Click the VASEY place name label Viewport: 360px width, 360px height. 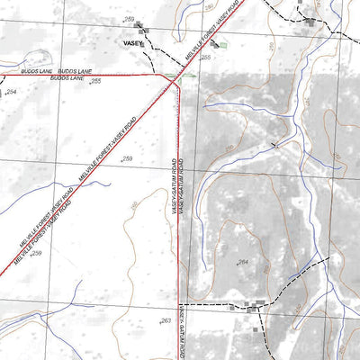click(x=133, y=42)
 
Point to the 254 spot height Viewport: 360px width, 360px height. click(x=12, y=93)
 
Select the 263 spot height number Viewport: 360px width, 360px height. click(x=166, y=320)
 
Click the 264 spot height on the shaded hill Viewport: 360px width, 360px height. click(x=242, y=262)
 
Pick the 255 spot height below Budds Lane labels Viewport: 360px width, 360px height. click(x=95, y=82)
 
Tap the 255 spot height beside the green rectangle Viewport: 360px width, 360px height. click(x=205, y=57)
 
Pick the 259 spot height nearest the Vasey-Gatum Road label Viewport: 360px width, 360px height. click(x=127, y=158)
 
